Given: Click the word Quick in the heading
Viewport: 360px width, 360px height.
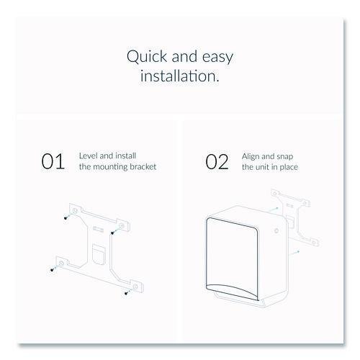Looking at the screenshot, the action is (x=147, y=57).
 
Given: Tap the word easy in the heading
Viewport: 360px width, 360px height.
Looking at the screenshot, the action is (x=217, y=58).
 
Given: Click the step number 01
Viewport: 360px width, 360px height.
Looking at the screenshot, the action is (x=53, y=161).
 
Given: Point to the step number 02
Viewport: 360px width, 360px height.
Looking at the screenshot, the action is (x=217, y=161).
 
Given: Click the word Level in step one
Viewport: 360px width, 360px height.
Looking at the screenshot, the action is (x=89, y=156).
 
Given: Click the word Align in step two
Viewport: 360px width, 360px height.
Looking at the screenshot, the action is (x=251, y=157).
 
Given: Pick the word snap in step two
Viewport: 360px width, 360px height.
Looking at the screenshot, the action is (x=285, y=157).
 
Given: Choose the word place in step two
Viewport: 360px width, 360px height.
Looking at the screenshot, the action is (x=289, y=167).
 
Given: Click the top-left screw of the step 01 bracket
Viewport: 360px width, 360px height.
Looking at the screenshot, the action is (x=66, y=218).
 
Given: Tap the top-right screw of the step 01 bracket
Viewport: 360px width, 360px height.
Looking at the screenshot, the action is (x=112, y=233).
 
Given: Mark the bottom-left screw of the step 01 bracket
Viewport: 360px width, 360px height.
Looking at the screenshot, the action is (x=52, y=270).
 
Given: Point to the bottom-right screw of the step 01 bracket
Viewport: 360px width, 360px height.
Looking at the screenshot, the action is (x=126, y=293).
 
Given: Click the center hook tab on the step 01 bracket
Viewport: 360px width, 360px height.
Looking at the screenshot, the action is (x=99, y=254).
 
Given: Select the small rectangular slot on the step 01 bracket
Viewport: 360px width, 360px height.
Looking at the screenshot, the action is (x=98, y=229).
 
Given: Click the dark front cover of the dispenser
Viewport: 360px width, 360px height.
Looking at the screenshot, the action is (x=233, y=258).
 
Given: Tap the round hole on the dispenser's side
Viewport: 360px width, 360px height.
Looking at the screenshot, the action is (x=276, y=231).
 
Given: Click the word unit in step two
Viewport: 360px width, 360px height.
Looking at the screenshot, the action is (x=263, y=167).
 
